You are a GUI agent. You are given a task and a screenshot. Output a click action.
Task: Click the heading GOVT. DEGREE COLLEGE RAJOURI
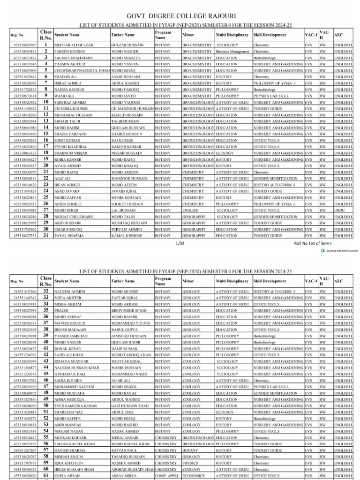180,15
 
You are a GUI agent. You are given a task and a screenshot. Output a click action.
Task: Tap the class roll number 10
46,102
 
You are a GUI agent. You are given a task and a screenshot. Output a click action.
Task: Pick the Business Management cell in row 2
232,52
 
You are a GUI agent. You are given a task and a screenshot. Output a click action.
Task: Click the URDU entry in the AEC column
339,210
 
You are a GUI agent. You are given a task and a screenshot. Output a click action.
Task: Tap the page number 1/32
180,244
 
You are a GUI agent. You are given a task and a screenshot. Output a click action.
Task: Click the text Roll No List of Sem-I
313,244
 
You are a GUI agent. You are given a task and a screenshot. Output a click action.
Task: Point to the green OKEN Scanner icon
322,251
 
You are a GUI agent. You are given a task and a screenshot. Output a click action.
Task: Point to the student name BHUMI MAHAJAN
69,330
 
